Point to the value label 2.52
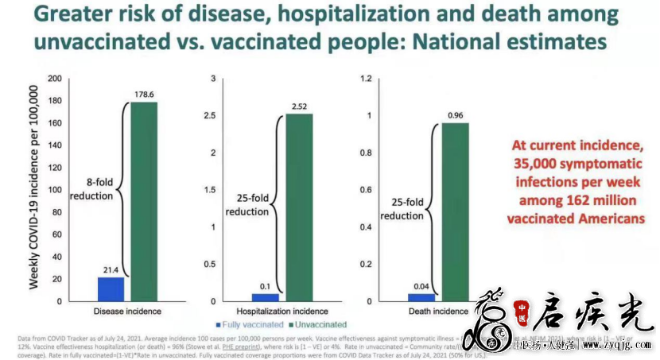click(x=300, y=107)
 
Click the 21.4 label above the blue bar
click(x=111, y=270)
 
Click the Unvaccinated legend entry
click(x=317, y=324)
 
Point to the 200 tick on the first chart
click(x=54, y=79)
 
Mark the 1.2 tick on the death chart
click(x=367, y=79)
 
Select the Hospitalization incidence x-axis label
click(x=284, y=311)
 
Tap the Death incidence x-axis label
click(x=440, y=311)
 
